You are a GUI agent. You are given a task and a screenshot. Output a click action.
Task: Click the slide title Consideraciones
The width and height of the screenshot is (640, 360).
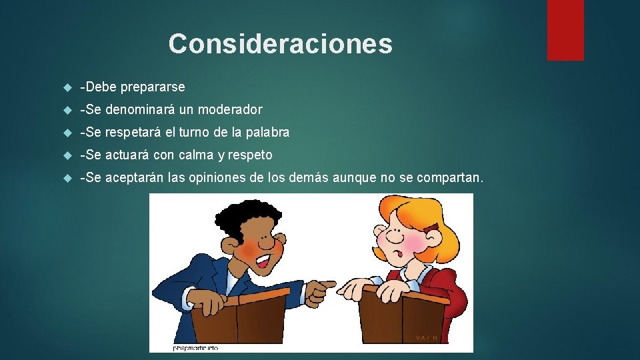coord(280,44)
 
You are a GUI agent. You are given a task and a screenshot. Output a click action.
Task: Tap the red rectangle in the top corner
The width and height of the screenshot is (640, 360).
coord(565,29)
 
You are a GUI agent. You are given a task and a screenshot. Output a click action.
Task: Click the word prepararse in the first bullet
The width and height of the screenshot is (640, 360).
coord(153,87)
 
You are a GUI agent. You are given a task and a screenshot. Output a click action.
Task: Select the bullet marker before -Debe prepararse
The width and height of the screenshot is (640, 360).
coord(65,87)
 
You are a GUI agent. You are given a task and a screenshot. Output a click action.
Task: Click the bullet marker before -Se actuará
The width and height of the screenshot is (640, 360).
coord(65,155)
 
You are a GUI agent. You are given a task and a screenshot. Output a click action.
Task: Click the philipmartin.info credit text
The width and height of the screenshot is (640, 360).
coord(196,347)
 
